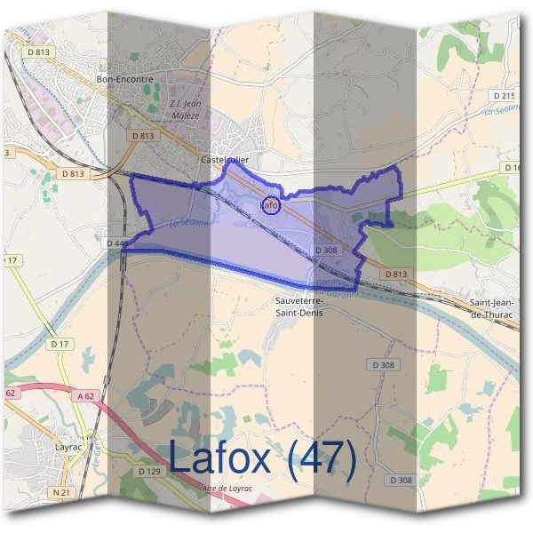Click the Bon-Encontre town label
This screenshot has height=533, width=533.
pyautogui.click(x=123, y=79)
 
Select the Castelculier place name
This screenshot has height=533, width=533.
pyautogui.click(x=225, y=159)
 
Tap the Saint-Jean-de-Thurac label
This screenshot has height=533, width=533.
pyautogui.click(x=495, y=308)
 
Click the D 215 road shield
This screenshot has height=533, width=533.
pyautogui.click(x=503, y=94)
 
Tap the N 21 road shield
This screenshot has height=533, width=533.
pyautogui.click(x=60, y=491)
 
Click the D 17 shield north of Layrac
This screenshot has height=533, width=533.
pyautogui.click(x=60, y=343)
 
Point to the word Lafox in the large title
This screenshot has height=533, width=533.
pyautogui.click(x=219, y=458)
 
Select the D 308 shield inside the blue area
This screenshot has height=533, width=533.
pyautogui.click(x=326, y=251)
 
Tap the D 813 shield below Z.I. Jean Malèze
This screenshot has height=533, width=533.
pyautogui.click(x=141, y=136)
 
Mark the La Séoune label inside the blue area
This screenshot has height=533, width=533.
pyautogui.click(x=188, y=221)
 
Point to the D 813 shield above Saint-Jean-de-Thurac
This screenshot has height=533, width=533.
pyautogui.click(x=396, y=274)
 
